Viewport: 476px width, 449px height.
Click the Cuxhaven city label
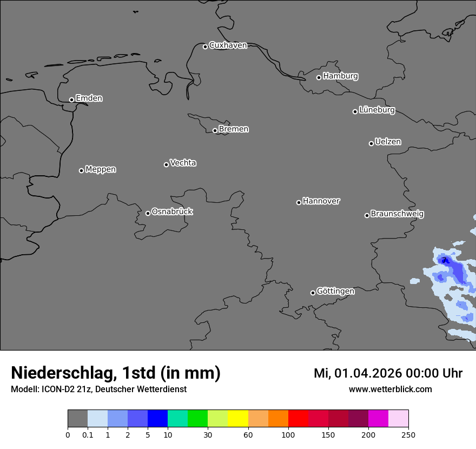tap(228, 45)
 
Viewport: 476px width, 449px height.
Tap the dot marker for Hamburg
tap(319, 77)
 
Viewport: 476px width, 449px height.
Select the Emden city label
tap(89, 98)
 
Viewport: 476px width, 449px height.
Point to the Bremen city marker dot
tap(215, 130)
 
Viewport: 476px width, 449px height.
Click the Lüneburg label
tap(376, 110)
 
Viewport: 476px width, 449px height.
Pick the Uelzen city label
tap(388, 142)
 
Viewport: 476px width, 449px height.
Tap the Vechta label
tap(183, 163)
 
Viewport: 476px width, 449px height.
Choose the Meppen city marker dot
tap(81, 170)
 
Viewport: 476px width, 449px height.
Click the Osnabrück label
tap(172, 212)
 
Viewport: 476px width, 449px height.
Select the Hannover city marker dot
tap(299, 202)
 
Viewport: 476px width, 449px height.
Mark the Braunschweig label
tap(397, 214)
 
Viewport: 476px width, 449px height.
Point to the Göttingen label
tap(335, 292)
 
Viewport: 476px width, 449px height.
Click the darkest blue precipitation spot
tap(445, 260)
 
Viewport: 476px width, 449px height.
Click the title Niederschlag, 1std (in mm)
tap(116, 373)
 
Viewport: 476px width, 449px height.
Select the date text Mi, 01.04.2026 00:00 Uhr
tap(388, 373)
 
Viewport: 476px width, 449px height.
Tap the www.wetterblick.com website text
tap(390, 389)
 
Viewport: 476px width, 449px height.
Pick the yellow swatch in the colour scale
tap(238, 419)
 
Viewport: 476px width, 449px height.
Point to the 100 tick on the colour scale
tap(288, 434)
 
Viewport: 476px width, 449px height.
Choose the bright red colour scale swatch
tap(298, 419)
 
